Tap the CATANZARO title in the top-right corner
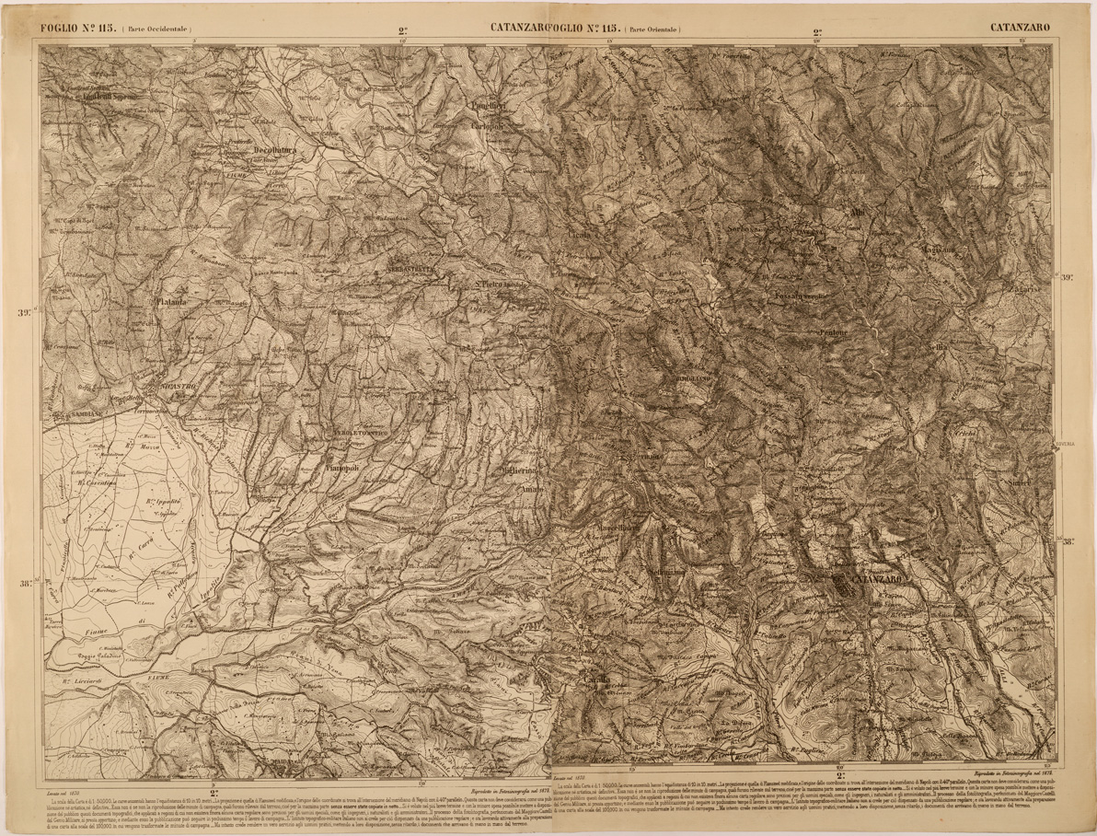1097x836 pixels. [x=1020, y=28]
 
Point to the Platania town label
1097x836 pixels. [x=171, y=300]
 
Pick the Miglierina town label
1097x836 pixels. [x=518, y=470]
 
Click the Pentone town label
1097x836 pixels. [x=834, y=331]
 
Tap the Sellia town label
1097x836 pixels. [x=937, y=347]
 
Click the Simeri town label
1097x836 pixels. [x=1020, y=482]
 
